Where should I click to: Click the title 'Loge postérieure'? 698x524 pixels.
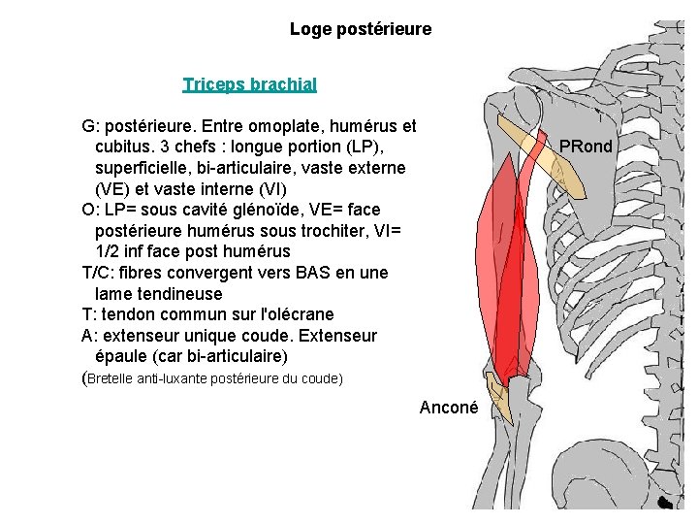[x=360, y=29]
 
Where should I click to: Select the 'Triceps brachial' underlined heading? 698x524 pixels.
[x=249, y=84]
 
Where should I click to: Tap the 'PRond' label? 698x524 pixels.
[x=586, y=147]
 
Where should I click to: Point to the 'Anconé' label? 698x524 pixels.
[x=448, y=409]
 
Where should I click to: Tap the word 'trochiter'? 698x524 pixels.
[x=340, y=231]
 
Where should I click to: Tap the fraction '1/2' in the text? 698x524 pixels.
[x=111, y=252]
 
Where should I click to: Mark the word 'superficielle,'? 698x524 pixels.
[x=145, y=168]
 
